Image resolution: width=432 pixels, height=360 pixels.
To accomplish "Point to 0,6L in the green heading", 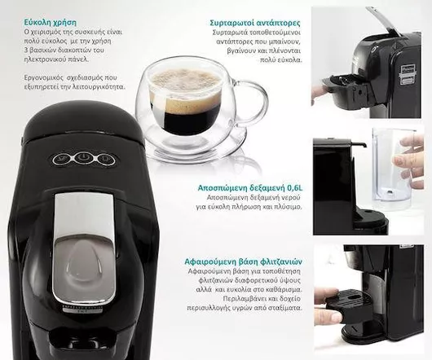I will pyautogui.click(x=290, y=187).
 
